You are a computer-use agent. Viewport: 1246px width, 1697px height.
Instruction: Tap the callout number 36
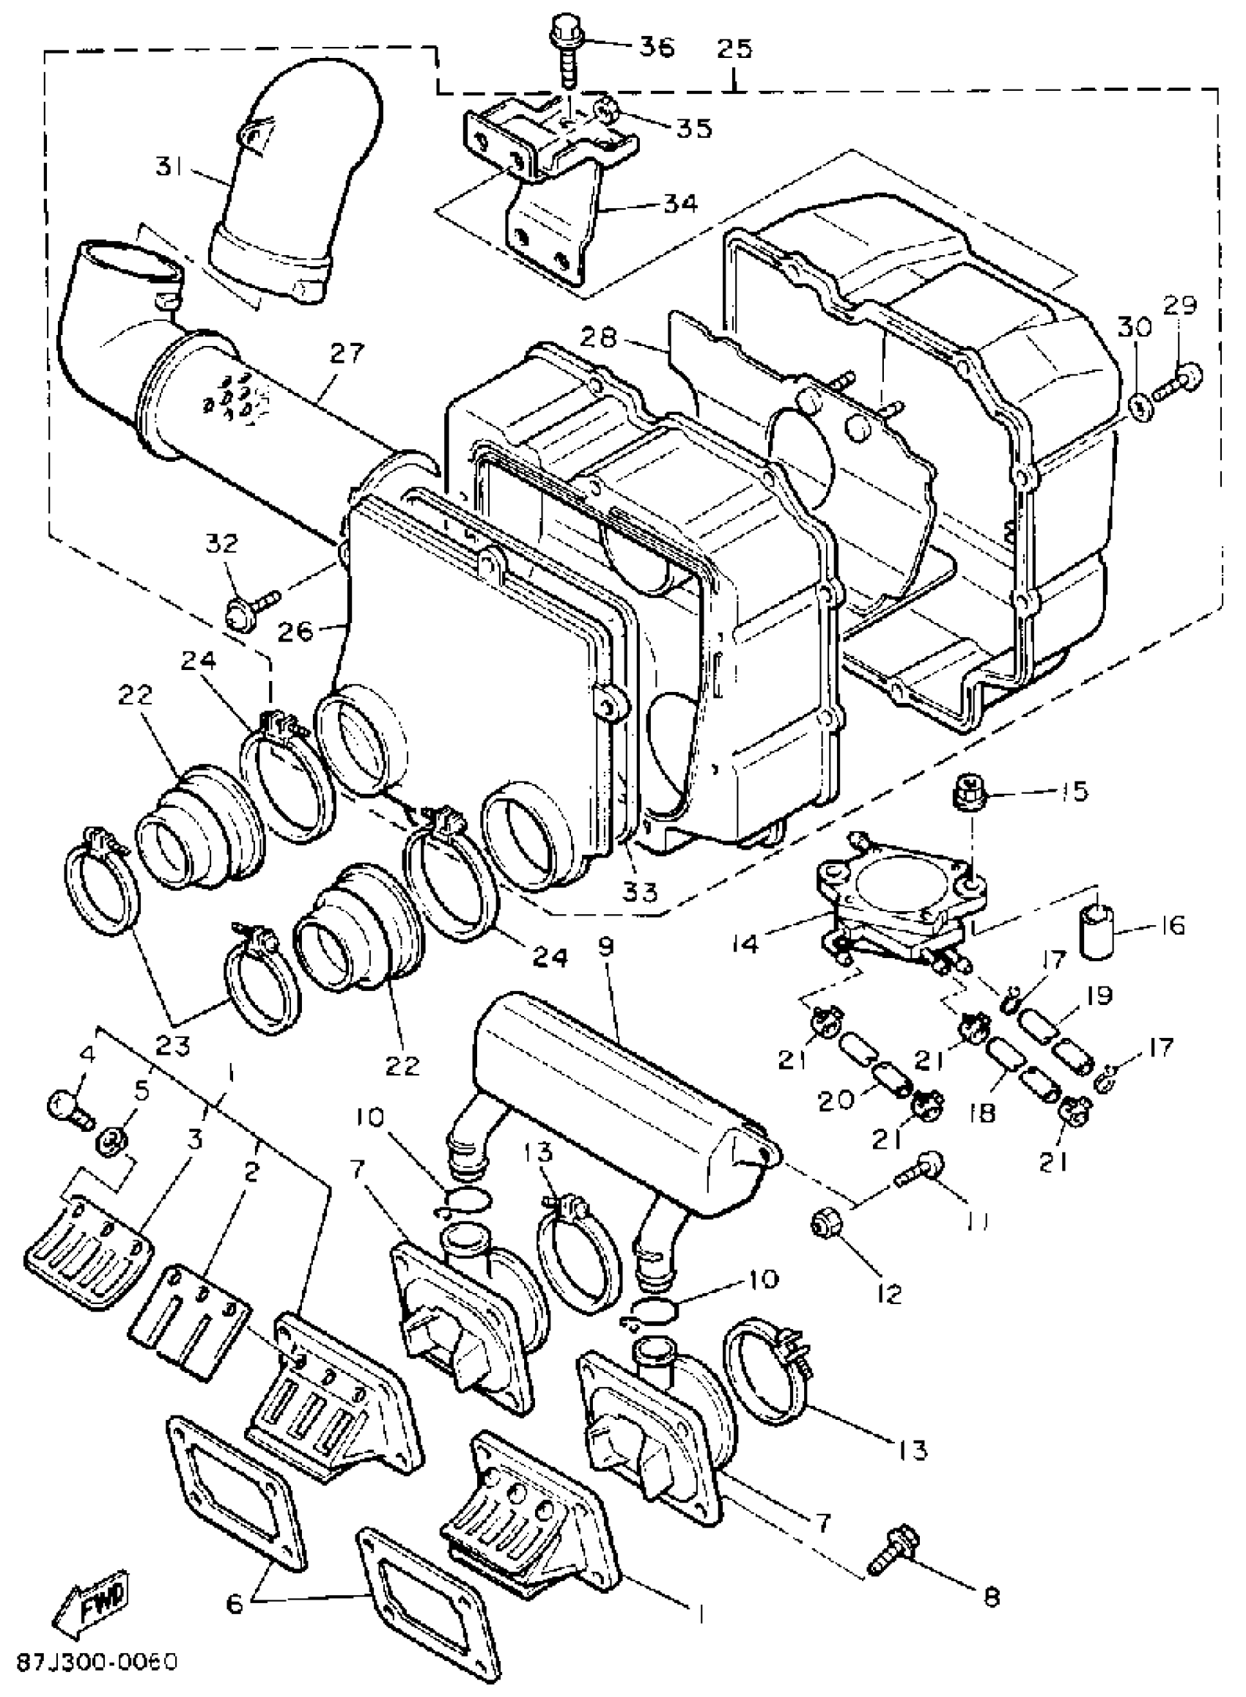tap(657, 47)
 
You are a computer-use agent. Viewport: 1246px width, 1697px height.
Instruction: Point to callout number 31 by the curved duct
tap(172, 166)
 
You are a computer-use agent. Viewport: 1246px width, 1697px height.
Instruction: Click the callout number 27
tap(347, 352)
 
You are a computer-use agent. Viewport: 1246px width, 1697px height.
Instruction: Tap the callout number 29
tap(1179, 306)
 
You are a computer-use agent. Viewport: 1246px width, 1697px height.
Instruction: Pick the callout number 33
tap(641, 892)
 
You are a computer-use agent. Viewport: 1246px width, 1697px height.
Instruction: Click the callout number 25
tap(734, 49)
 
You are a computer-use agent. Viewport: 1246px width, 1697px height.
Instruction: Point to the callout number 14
tap(744, 943)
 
